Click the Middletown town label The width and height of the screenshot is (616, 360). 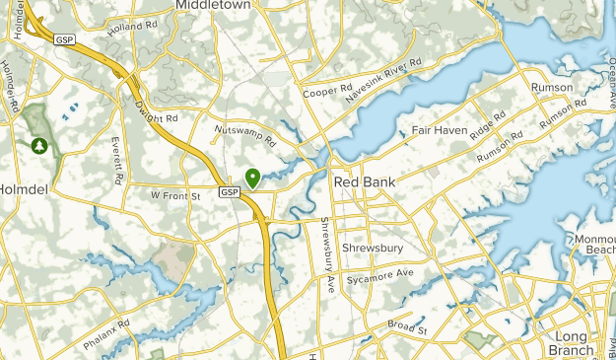(x=211, y=5)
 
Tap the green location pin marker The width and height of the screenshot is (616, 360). (x=253, y=179)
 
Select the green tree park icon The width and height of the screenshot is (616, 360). (x=38, y=146)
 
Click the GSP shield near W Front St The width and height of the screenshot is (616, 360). (x=229, y=191)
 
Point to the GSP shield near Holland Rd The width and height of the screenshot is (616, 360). (x=65, y=39)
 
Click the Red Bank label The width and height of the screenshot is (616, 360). (x=365, y=182)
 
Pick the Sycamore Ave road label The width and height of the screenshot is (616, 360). (x=378, y=275)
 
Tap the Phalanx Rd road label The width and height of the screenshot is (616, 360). (x=109, y=336)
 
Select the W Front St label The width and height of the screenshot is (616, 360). (x=175, y=196)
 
